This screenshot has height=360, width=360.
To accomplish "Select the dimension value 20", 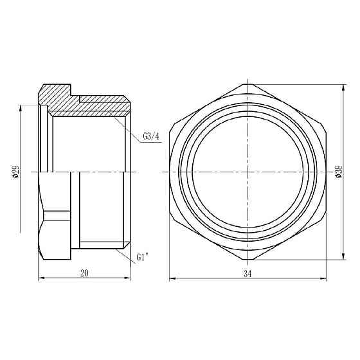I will click(x=84, y=273).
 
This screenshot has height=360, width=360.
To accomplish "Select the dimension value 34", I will click(x=248, y=273).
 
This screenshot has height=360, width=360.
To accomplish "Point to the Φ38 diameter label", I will click(x=338, y=172).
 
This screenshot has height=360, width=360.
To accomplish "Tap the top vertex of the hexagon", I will click(x=248, y=84).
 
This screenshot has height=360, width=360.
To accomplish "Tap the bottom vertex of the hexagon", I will click(x=248, y=262).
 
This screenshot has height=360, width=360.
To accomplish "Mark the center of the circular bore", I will click(x=248, y=172).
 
